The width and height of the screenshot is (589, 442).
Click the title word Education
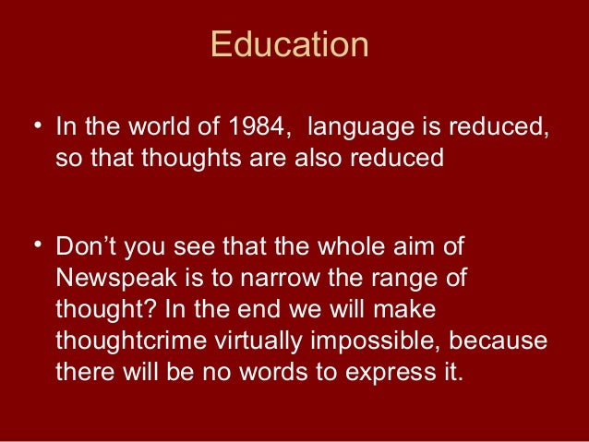click(x=289, y=44)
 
